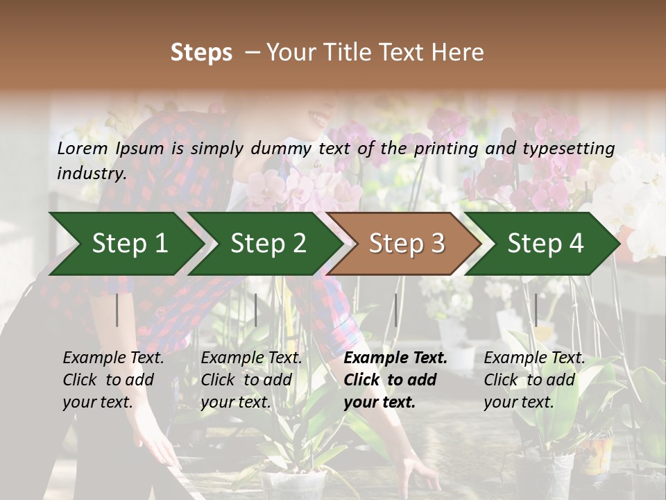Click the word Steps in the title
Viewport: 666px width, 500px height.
tap(201, 53)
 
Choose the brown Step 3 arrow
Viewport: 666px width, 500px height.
tap(407, 243)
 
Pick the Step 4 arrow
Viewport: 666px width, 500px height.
tap(545, 243)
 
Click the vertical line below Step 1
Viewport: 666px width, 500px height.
tap(117, 310)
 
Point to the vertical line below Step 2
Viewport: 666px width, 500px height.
tap(256, 310)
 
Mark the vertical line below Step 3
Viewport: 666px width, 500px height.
tap(396, 310)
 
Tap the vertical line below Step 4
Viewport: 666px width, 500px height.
tap(536, 310)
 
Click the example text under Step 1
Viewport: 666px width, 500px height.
tap(113, 380)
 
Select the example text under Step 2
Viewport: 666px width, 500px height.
tap(251, 380)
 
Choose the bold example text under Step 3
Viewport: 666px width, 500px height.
tap(395, 380)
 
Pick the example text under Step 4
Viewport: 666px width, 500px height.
tap(534, 380)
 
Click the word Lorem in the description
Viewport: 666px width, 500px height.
tap(83, 148)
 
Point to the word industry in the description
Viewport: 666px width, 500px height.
tap(92, 173)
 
